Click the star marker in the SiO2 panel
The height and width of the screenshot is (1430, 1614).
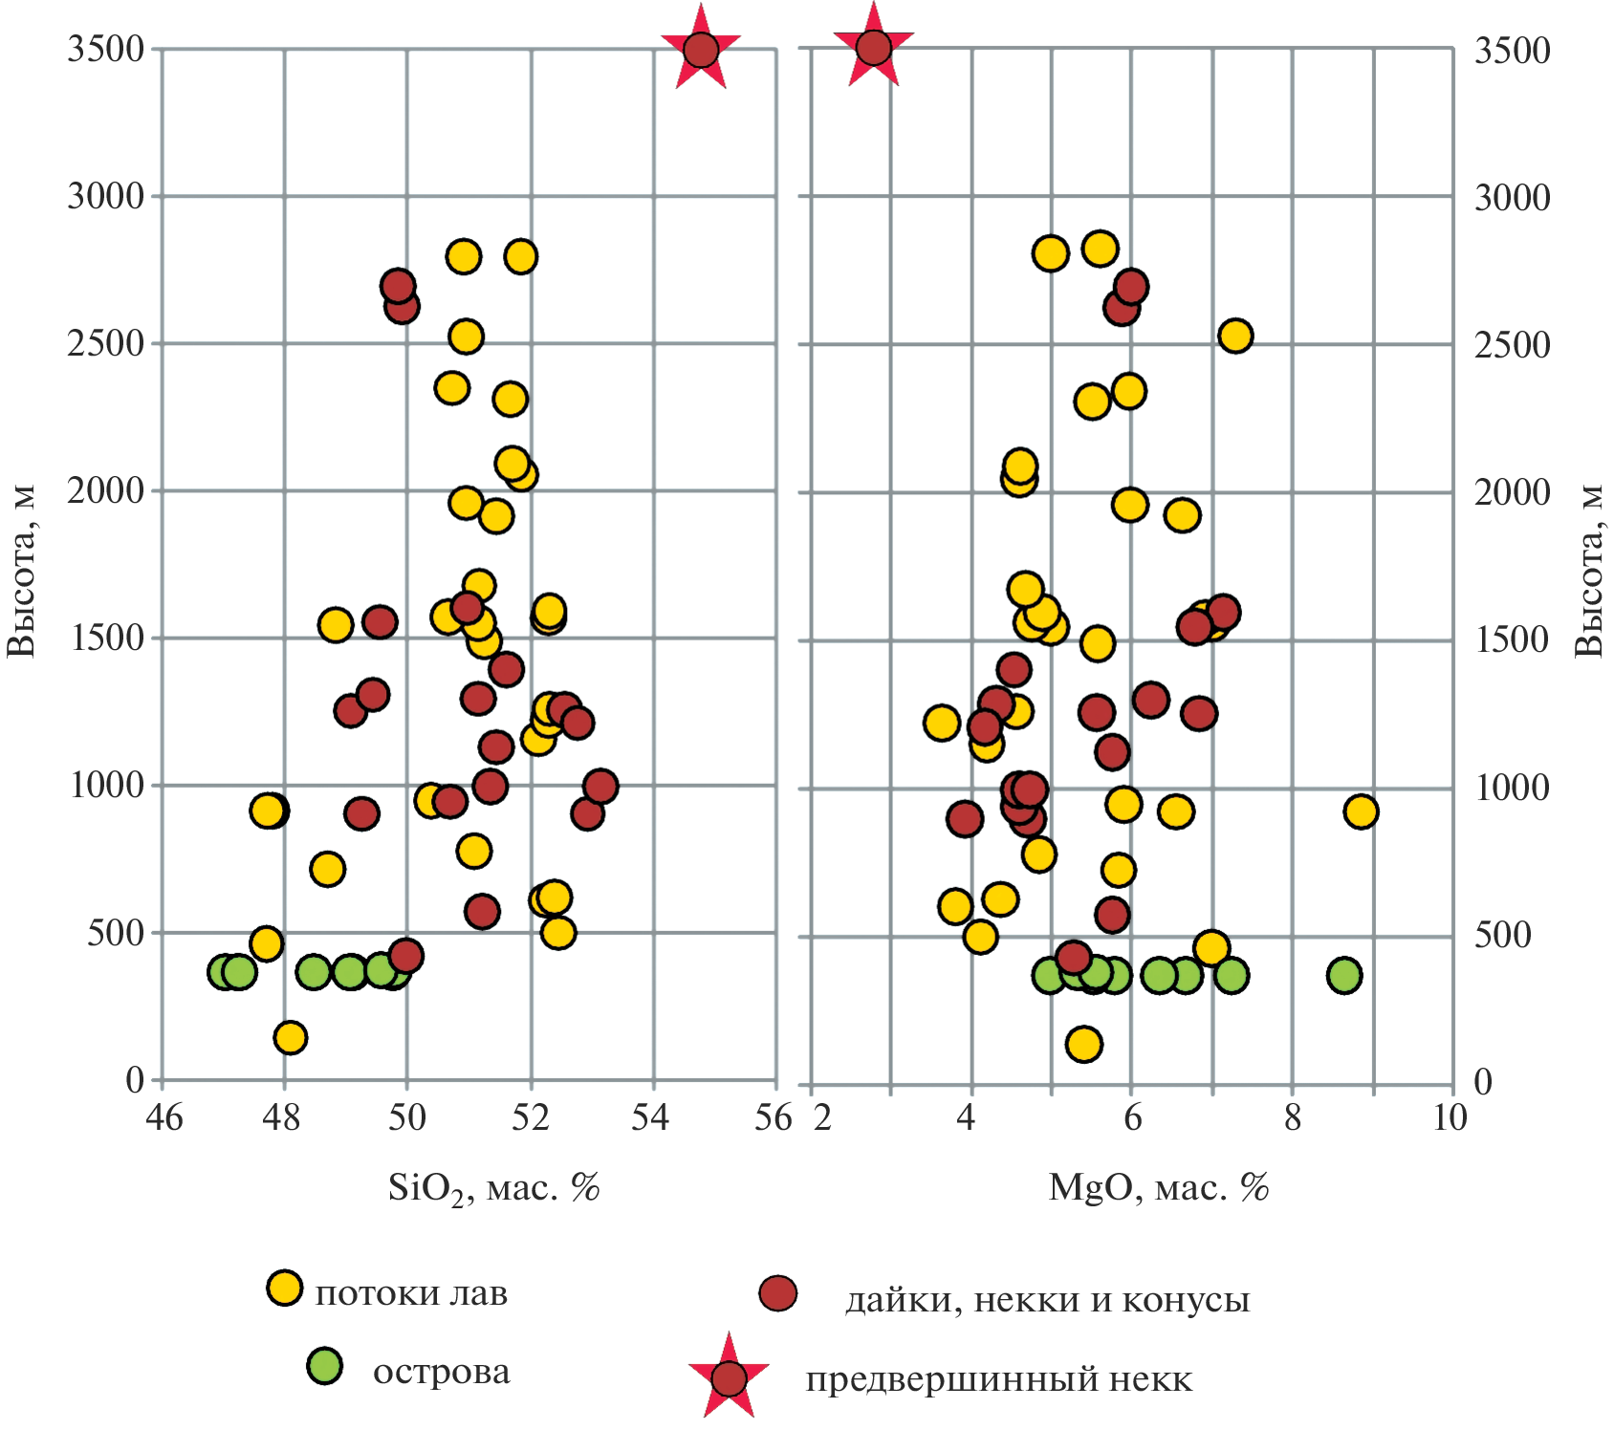pos(701,49)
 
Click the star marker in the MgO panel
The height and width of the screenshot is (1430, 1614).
pos(873,47)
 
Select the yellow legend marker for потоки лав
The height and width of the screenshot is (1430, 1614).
pos(284,1288)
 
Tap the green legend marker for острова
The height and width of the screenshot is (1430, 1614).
pos(325,1366)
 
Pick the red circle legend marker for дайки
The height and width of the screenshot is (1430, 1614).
pos(777,1293)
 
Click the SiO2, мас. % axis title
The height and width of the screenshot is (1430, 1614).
pos(493,1188)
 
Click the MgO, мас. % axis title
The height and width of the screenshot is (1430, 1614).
pos(1158,1187)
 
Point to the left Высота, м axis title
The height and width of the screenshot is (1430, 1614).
pos(21,572)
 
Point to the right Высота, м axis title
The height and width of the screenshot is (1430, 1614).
pos(1588,572)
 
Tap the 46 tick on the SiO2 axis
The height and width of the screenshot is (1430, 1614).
pos(164,1116)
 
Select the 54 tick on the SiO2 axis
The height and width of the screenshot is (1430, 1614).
pos(651,1116)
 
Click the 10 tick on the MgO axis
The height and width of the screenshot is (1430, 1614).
pos(1450,1116)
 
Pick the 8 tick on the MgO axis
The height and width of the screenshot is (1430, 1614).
pos(1292,1116)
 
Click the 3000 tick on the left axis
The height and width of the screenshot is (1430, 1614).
pos(105,197)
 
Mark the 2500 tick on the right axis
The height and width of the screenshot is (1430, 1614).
pos(1512,345)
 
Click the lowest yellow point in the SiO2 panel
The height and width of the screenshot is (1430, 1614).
pos(290,1037)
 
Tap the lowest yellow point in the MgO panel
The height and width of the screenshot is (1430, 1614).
pos(1083,1044)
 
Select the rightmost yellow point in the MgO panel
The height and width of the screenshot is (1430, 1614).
pos(1360,812)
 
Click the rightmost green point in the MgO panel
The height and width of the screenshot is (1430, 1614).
pos(1344,975)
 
